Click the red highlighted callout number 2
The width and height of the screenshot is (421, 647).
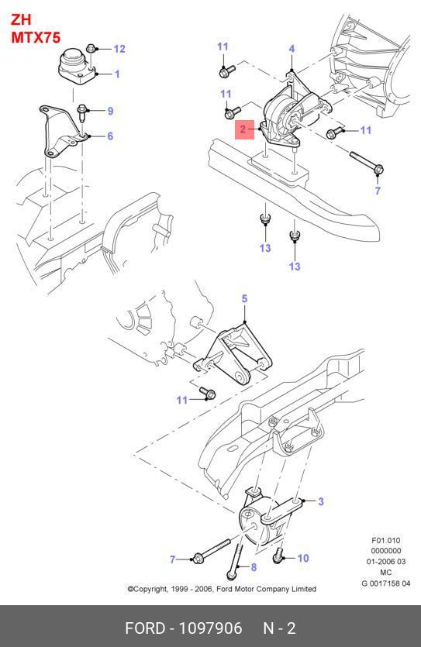[243, 129]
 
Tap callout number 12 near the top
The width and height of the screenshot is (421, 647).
[119, 49]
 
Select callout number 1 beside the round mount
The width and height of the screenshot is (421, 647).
[117, 74]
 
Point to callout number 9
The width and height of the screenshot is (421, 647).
[110, 111]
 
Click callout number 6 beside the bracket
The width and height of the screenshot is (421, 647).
[110, 136]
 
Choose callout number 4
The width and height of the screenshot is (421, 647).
[292, 49]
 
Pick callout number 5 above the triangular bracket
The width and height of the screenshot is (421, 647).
[244, 298]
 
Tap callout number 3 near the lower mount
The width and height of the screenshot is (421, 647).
[321, 502]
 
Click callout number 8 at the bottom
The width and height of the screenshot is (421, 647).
[254, 567]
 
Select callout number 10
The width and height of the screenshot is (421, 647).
[303, 559]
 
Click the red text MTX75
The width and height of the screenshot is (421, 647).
[36, 37]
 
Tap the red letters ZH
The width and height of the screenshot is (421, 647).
[21, 20]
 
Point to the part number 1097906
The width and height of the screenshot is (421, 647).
[210, 628]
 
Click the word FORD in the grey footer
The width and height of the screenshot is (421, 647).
[145, 628]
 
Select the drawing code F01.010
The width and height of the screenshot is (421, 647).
[386, 540]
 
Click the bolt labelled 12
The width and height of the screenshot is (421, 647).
[91, 48]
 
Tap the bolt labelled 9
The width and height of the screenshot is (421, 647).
[82, 112]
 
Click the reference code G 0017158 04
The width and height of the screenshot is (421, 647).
[386, 583]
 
